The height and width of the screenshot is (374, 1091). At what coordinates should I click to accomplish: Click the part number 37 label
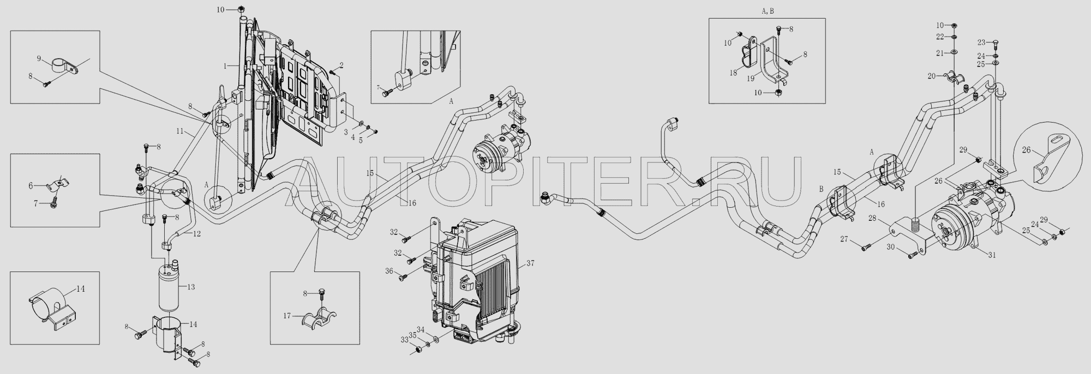[530, 263]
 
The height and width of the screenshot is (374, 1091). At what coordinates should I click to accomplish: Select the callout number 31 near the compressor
[992, 255]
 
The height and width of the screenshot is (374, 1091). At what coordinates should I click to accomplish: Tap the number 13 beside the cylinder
[190, 287]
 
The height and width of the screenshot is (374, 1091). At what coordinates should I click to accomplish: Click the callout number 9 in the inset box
[39, 58]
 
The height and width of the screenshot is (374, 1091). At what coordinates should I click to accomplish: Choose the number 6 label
[31, 185]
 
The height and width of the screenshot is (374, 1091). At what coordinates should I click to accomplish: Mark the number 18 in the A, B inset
[734, 72]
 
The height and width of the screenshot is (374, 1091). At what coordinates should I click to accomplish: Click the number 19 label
[751, 79]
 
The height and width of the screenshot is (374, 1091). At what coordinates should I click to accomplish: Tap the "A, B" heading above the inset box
[766, 11]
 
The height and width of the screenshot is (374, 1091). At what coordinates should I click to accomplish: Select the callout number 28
[872, 219]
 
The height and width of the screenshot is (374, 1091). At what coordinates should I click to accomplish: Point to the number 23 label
[981, 42]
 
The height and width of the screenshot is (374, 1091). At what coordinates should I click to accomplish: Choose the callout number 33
[404, 340]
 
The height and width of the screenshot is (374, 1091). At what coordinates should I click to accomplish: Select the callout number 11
[180, 131]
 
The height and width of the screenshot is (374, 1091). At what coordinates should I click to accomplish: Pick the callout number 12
[196, 233]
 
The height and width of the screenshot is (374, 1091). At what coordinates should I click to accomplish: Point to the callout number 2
[341, 65]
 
